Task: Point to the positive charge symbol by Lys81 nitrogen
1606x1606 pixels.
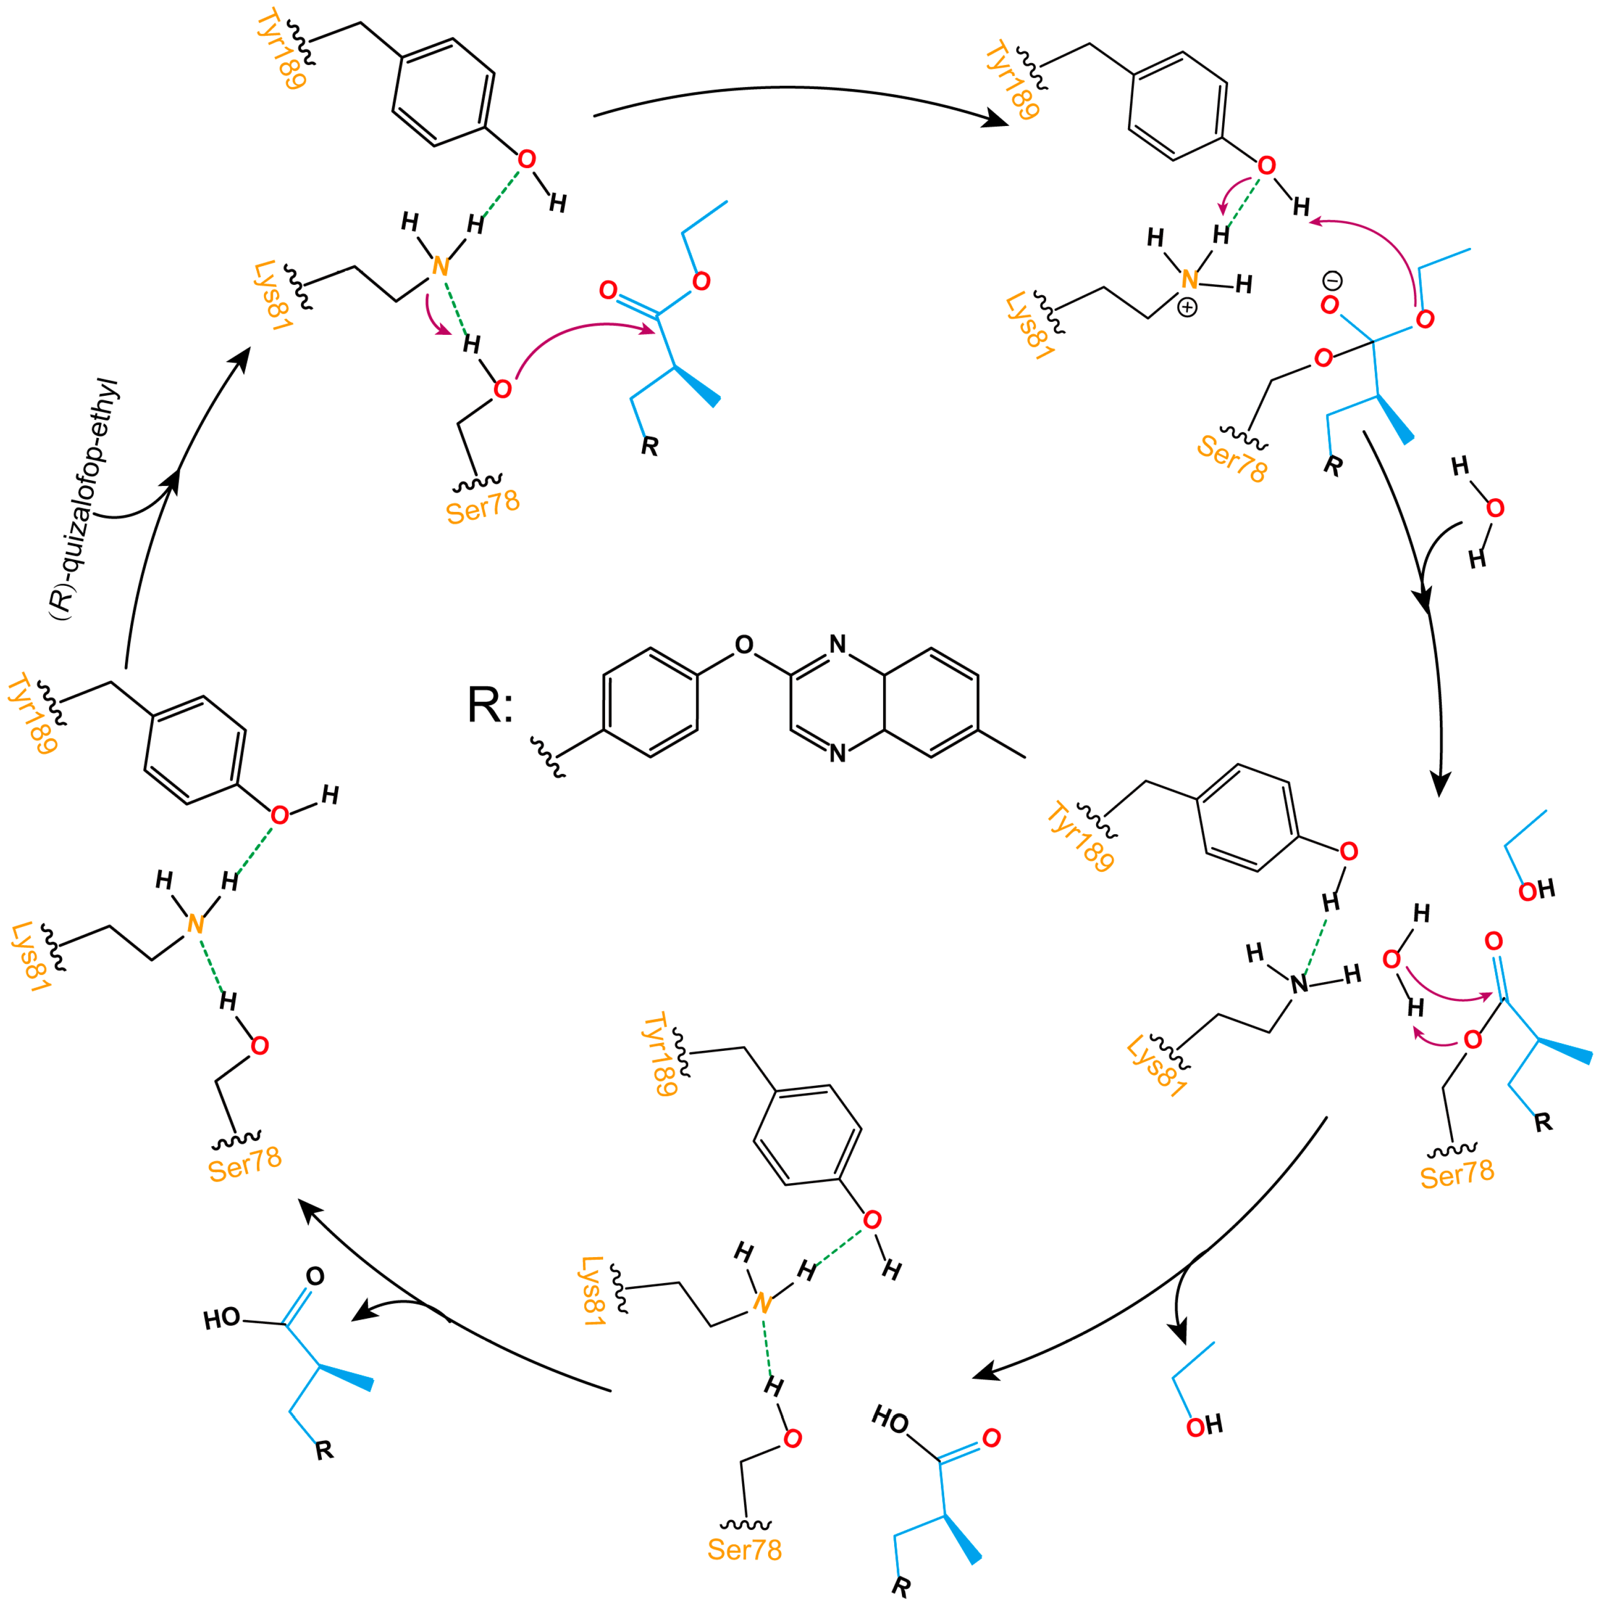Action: tap(1188, 308)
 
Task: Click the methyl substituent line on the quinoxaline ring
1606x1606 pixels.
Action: tap(1002, 745)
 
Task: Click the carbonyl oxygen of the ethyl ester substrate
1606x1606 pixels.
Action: tap(608, 290)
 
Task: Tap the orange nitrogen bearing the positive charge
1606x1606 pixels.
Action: tap(1189, 280)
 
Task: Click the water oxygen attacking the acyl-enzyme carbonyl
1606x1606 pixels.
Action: tap(1391, 960)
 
